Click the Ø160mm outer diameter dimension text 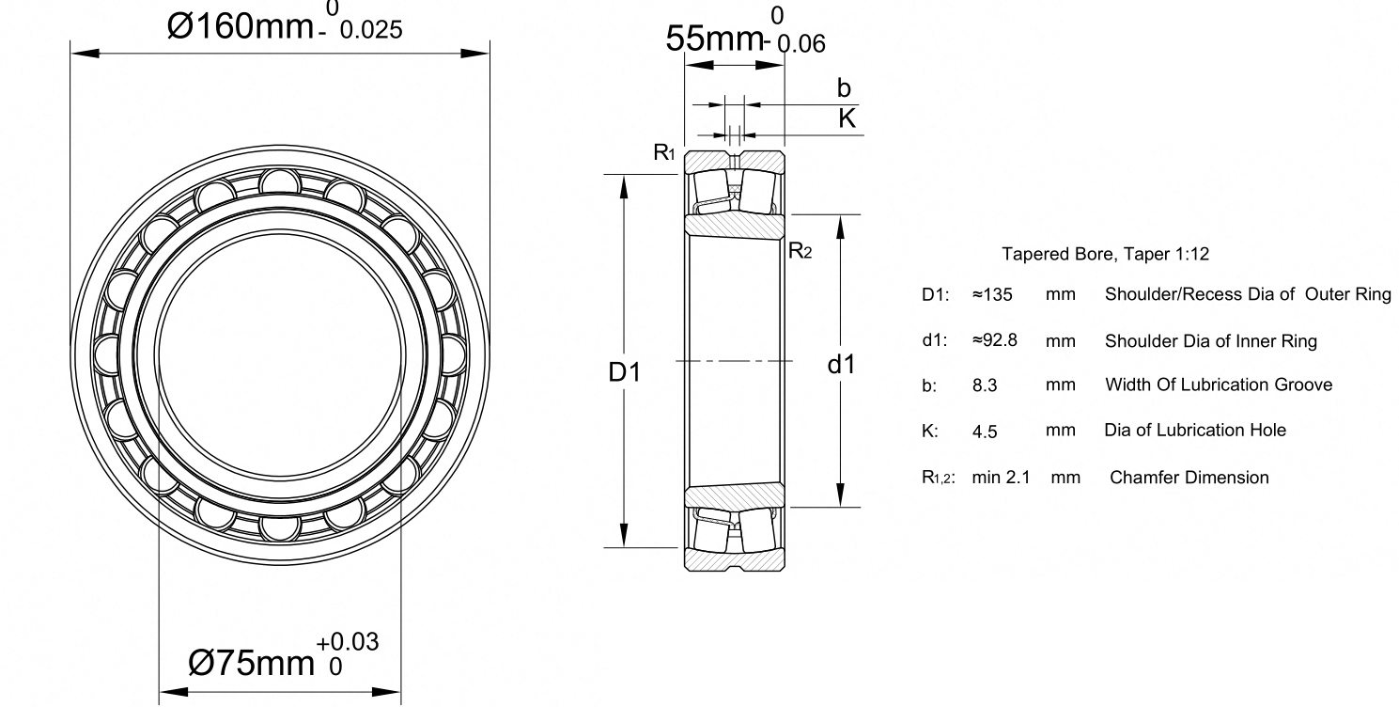[240, 27]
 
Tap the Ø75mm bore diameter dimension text [251, 663]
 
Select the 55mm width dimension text [714, 39]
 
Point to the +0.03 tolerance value [348, 642]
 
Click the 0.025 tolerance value [371, 30]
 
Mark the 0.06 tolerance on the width [801, 44]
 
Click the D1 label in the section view [625, 372]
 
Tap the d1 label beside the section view [841, 365]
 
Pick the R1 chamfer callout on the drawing [664, 152]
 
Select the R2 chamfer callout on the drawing [801, 251]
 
